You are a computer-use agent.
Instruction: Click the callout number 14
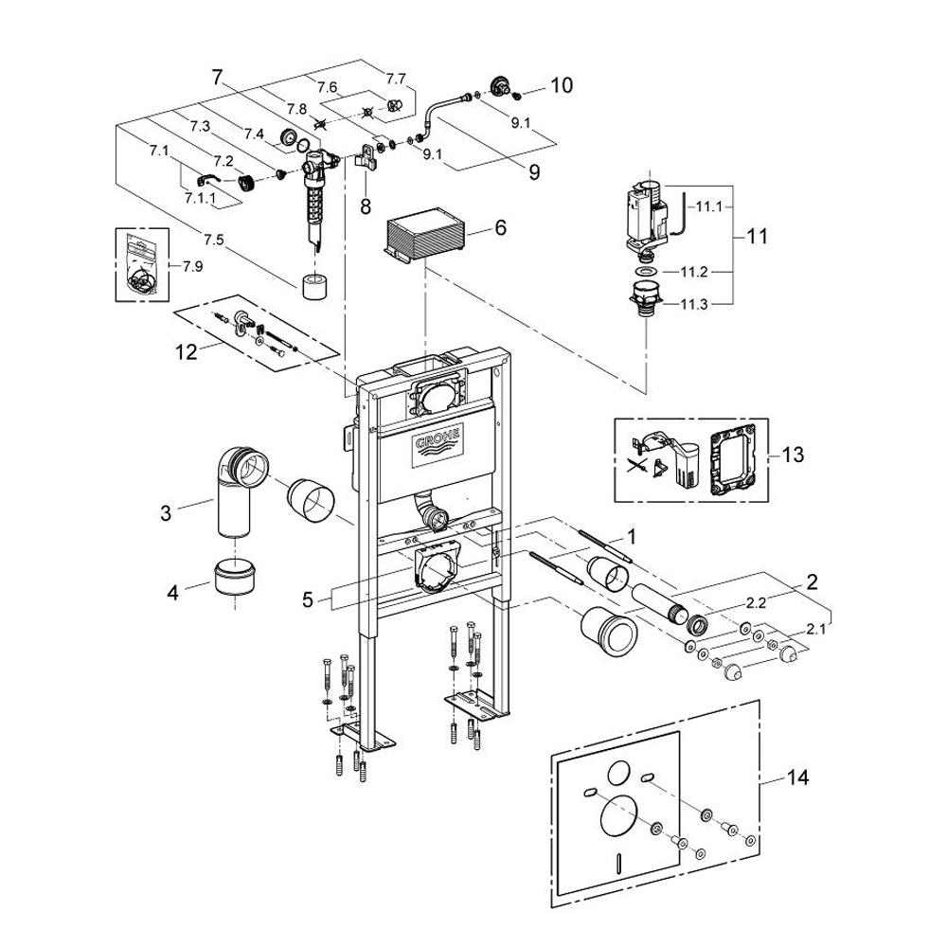pos(797,778)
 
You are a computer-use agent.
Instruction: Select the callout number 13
pos(793,456)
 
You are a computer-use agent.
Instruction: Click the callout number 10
pos(561,86)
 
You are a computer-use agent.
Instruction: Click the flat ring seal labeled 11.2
pos(648,273)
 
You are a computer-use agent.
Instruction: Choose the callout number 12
pos(186,352)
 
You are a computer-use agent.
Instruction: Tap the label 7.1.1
pos(201,197)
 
